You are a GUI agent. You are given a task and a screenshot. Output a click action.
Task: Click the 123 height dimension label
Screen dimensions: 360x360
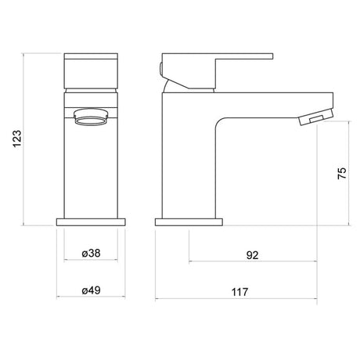tap(17, 139)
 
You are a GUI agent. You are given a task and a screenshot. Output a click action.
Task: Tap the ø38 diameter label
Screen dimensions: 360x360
tap(91, 254)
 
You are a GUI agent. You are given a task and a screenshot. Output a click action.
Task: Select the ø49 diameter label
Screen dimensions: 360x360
tap(91, 290)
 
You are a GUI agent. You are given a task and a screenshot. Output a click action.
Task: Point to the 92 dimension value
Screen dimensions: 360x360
tap(252, 255)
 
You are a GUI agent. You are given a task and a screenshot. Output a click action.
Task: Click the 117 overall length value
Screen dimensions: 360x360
tap(240, 292)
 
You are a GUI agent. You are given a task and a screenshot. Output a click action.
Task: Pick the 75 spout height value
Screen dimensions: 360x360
tap(342, 173)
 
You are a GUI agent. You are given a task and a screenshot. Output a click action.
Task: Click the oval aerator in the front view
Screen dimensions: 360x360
tap(91, 117)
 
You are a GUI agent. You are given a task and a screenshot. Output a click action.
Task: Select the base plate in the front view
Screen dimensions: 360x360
tap(91, 222)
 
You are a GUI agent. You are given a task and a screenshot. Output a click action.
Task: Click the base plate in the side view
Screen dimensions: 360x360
tap(189, 222)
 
